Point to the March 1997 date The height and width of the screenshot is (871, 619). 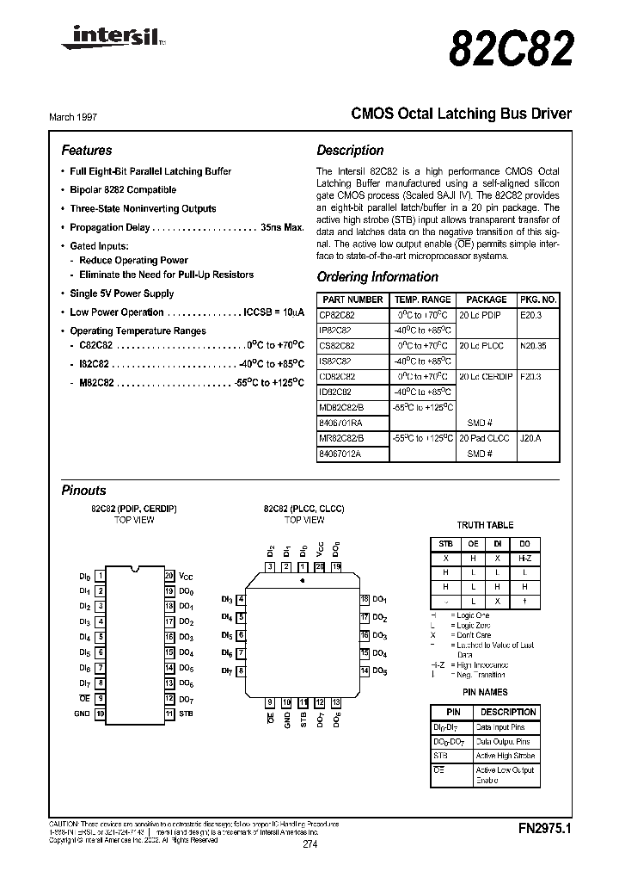click(85, 114)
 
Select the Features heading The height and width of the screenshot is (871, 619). click(87, 150)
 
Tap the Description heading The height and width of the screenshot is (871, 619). click(350, 150)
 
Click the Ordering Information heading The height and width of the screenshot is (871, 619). click(377, 277)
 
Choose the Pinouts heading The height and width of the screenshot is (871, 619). click(84, 491)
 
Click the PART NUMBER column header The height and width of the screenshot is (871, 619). click(352, 300)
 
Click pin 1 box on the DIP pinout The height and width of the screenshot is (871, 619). click(100, 575)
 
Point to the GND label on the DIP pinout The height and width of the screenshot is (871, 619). click(82, 713)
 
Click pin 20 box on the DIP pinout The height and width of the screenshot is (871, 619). click(169, 575)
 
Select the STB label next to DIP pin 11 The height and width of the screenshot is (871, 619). click(187, 713)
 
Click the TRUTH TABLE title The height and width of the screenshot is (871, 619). click(485, 525)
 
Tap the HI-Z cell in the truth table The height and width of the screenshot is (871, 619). click(524, 557)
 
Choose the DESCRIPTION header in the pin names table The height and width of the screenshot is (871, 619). click(507, 712)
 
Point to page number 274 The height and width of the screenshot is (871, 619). click(309, 844)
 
